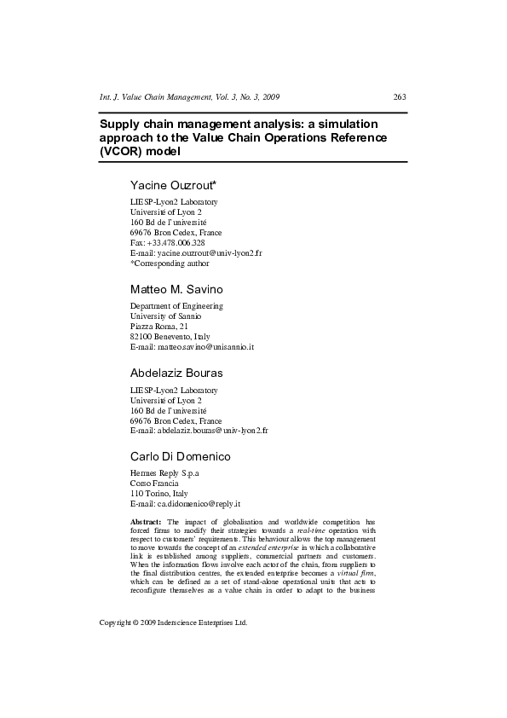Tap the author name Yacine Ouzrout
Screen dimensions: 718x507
click(x=173, y=185)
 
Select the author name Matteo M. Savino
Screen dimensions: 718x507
click(x=176, y=290)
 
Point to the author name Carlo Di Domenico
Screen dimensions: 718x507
click(x=180, y=456)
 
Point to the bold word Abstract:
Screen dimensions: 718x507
click(x=145, y=521)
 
